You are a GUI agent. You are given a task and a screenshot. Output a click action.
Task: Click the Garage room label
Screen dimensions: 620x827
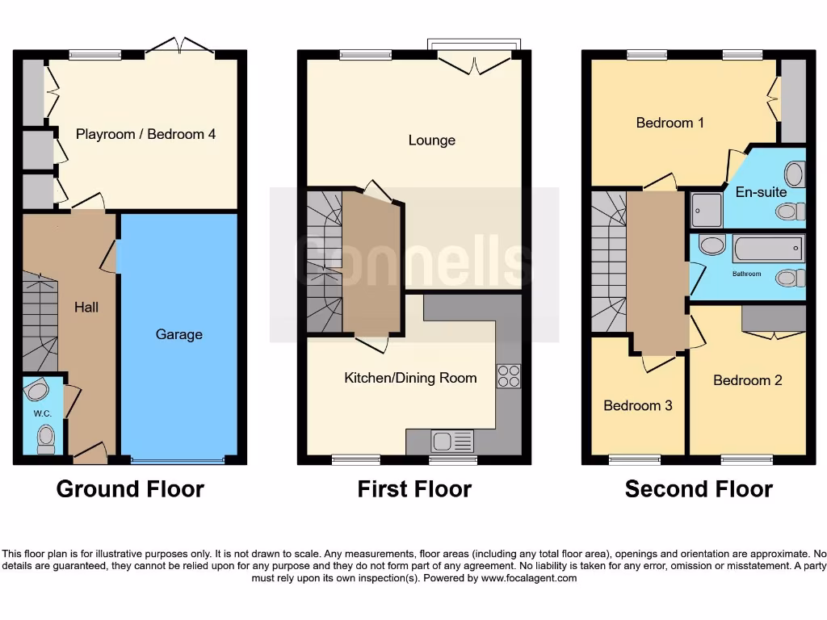[x=178, y=334]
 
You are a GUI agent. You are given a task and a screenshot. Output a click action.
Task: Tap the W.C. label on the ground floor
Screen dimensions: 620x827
[x=43, y=414]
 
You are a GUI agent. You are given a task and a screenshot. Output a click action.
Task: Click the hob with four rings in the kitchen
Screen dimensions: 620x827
[x=508, y=377]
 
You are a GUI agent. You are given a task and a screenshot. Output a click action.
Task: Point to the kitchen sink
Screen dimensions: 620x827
[x=443, y=441]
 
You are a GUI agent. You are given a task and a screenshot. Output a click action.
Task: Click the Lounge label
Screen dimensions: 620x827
[x=431, y=140]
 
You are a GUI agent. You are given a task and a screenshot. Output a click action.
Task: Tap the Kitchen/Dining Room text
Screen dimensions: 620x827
[x=410, y=378]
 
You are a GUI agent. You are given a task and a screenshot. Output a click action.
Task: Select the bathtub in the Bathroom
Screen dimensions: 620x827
[x=768, y=248]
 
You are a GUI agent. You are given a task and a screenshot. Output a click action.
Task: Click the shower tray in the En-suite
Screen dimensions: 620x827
[x=707, y=209]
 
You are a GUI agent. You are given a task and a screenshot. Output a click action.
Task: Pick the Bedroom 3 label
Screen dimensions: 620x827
[x=637, y=405]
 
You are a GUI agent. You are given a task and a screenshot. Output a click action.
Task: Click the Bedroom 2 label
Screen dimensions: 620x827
[x=747, y=380]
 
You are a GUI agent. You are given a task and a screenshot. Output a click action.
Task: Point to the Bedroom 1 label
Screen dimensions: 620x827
[x=670, y=123]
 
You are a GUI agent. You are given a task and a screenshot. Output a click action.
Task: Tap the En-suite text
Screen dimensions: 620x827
[x=760, y=192]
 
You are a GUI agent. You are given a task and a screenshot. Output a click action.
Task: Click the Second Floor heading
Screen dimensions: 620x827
[x=699, y=489]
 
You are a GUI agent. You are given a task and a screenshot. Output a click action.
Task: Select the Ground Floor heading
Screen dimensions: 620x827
[x=130, y=489]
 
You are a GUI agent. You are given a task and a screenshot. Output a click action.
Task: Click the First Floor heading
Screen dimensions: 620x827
[x=414, y=489]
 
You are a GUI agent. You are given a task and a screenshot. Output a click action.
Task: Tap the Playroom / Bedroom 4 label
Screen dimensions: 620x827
[x=145, y=134]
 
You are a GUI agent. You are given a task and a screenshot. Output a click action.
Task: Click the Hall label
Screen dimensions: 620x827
[x=86, y=308]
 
